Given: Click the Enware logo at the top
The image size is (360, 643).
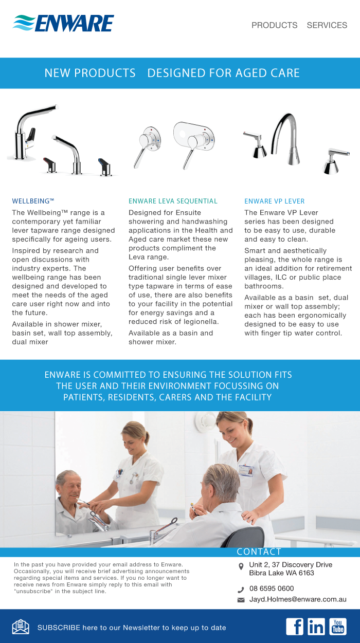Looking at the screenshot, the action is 63,23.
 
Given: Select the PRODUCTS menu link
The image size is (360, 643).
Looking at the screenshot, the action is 275,25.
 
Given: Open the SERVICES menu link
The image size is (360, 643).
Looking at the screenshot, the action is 327,25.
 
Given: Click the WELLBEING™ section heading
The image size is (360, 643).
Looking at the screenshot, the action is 33,201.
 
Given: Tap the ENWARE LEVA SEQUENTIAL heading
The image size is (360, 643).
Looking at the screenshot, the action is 173,201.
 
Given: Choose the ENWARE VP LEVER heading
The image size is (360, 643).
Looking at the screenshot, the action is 275,201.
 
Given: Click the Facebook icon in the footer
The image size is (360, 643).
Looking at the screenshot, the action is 295,627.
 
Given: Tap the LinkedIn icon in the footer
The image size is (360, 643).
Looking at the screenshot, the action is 316,627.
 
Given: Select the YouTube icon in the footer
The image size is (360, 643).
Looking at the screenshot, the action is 338,627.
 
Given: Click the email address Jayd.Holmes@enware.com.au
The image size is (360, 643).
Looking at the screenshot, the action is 298,599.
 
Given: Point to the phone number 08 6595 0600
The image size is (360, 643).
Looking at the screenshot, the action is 272,589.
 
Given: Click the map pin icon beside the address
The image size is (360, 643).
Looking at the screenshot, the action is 241,566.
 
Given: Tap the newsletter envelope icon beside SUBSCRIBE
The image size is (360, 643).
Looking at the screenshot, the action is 21,627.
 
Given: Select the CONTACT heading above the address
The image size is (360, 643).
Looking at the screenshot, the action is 259,552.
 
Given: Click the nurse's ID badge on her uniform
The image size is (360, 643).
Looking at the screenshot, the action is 246,470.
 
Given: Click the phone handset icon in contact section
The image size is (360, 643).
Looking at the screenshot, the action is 241,590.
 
